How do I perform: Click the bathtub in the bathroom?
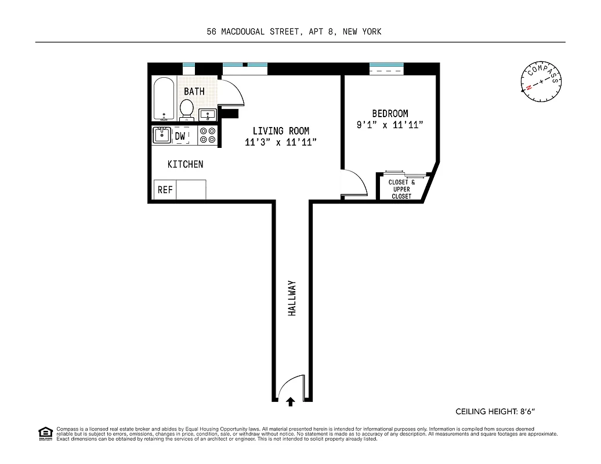pyautogui.click(x=164, y=99)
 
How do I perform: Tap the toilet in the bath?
pyautogui.click(x=187, y=108)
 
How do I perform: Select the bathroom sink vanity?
pyautogui.click(x=207, y=114)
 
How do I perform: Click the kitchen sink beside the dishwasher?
pyautogui.click(x=162, y=135)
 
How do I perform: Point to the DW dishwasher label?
pyautogui.click(x=180, y=136)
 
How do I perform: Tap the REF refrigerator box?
pyautogui.click(x=165, y=190)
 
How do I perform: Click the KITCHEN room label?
pyautogui.click(x=185, y=165)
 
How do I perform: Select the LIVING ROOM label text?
pyautogui.click(x=280, y=131)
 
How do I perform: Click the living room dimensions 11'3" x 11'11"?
pyautogui.click(x=280, y=142)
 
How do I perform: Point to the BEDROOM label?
pyautogui.click(x=389, y=114)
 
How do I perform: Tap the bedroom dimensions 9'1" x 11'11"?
pyautogui.click(x=389, y=125)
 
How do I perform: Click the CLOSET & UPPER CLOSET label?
pyautogui.click(x=401, y=189)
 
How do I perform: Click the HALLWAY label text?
pyautogui.click(x=292, y=298)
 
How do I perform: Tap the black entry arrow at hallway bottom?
pyautogui.click(x=291, y=400)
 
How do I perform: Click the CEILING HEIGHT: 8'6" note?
pyautogui.click(x=495, y=412)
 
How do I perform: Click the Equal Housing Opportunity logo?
pyautogui.click(x=45, y=433)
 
